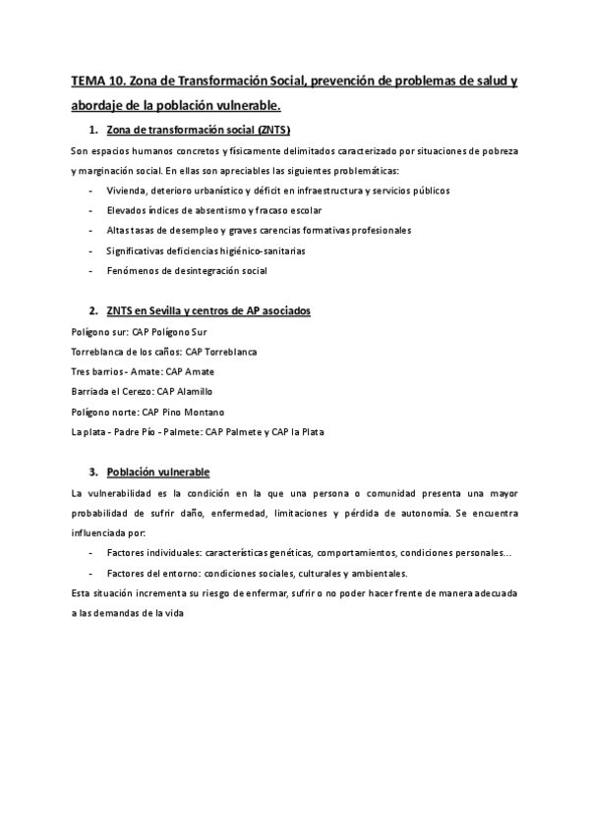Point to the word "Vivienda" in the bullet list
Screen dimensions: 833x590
coord(128,191)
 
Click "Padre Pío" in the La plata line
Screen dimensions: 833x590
coord(138,431)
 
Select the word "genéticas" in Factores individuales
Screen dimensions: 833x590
coord(266,553)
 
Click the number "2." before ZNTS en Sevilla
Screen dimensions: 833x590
coord(93,310)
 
